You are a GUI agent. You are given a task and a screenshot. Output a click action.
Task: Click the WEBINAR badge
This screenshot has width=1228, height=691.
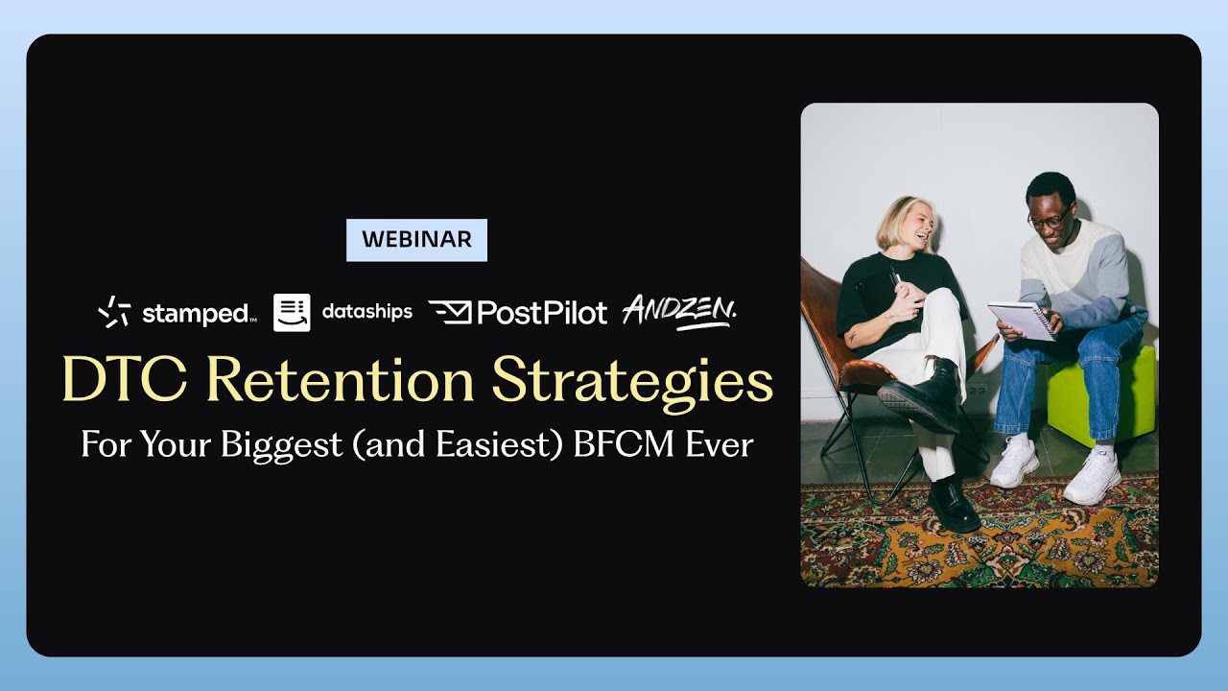[416, 240]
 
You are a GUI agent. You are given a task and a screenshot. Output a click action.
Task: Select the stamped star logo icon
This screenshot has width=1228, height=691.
[114, 312]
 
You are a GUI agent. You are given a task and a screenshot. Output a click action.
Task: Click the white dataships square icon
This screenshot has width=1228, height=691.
[292, 312]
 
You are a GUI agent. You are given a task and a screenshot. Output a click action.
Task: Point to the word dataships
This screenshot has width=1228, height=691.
[367, 312]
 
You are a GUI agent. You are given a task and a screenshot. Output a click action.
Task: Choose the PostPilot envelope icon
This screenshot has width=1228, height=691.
[449, 311]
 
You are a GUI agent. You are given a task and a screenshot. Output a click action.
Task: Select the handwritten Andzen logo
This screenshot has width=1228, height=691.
[680, 311]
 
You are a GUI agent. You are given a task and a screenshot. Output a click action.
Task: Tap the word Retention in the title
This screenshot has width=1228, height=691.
[341, 381]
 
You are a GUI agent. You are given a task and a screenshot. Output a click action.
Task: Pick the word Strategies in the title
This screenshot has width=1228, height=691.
[632, 381]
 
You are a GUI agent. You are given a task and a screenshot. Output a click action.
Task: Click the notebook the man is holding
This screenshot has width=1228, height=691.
[1022, 321]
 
